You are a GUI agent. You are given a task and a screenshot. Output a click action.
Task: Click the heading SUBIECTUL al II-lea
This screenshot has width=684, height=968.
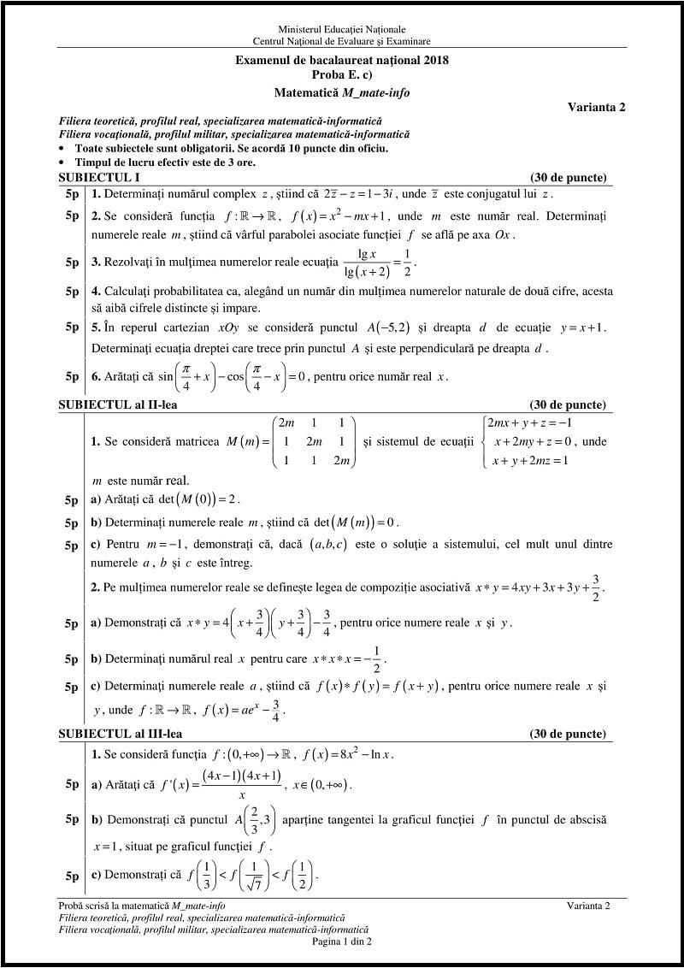[118, 404]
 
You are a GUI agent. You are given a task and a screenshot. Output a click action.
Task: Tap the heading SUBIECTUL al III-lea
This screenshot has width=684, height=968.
[121, 734]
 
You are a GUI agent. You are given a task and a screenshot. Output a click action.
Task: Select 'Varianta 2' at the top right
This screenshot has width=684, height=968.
[596, 107]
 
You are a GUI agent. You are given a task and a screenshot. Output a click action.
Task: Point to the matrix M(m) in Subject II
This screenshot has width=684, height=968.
[291, 441]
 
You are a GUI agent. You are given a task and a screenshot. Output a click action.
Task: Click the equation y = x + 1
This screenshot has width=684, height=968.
[582, 328]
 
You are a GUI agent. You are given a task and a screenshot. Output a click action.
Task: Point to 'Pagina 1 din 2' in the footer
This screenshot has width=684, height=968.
[342, 941]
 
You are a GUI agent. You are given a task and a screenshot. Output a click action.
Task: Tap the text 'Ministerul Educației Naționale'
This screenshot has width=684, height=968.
[342, 29]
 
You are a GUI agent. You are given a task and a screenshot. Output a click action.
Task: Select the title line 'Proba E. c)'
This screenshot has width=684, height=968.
[342, 74]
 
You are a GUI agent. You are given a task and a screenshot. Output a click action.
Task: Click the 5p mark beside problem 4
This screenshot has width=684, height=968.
[72, 292]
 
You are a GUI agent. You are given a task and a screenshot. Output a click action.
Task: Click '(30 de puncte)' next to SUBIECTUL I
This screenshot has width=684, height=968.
[569, 178]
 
